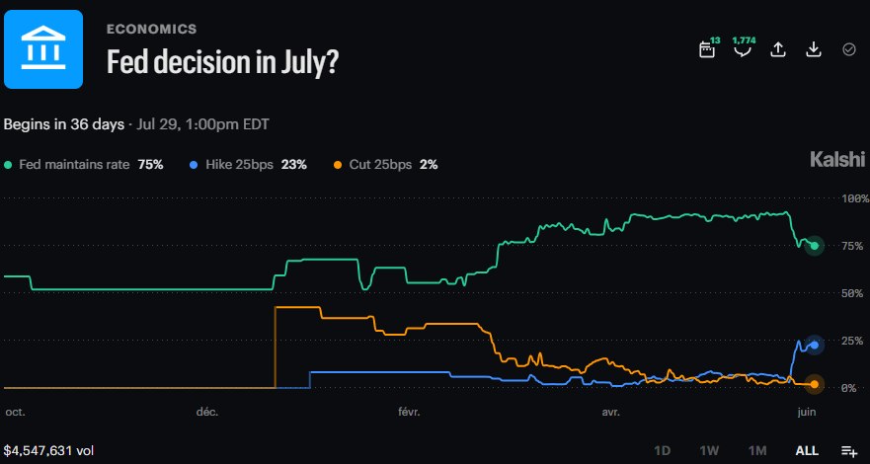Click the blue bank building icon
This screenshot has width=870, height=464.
coord(43,49)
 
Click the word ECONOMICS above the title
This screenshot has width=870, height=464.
coord(151,30)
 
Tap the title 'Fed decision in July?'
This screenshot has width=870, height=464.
coord(222,62)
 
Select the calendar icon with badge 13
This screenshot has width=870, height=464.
coord(707,48)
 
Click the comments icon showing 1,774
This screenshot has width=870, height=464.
coord(743,48)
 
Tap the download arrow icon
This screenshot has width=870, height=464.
coord(813,49)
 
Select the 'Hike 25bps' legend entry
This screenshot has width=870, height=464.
coord(240,165)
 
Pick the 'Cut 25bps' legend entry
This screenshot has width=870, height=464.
coord(380,165)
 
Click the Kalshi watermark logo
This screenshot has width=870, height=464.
coord(837,160)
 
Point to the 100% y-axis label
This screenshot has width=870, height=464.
coord(854,198)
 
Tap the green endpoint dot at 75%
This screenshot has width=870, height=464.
coord(815,246)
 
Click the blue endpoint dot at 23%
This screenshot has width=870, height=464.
coord(815,345)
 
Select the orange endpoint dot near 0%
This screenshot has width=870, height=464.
coord(815,384)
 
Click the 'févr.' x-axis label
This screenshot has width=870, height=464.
coord(410,412)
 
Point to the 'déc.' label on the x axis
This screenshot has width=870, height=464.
coord(207,412)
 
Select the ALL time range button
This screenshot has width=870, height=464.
coord(808,450)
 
